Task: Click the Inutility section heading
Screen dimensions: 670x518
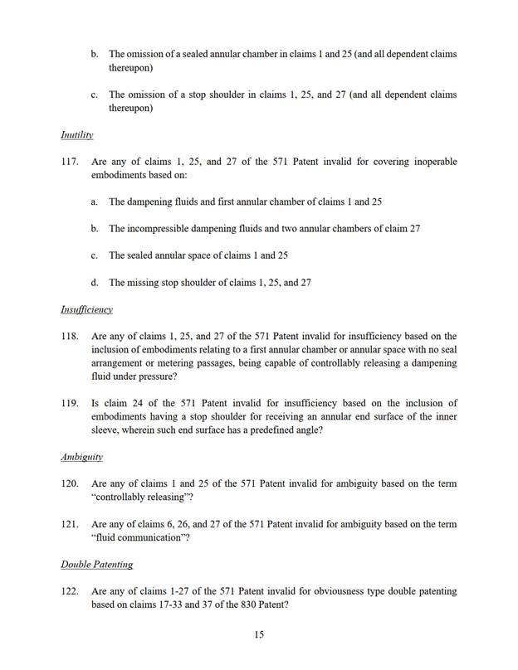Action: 76,134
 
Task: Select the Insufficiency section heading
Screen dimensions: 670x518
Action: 86,309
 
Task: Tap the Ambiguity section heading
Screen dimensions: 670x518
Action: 81,456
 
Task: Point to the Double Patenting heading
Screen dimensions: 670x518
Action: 96,565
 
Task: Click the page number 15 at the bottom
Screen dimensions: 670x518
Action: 259,634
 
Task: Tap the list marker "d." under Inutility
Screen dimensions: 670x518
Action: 95,282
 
